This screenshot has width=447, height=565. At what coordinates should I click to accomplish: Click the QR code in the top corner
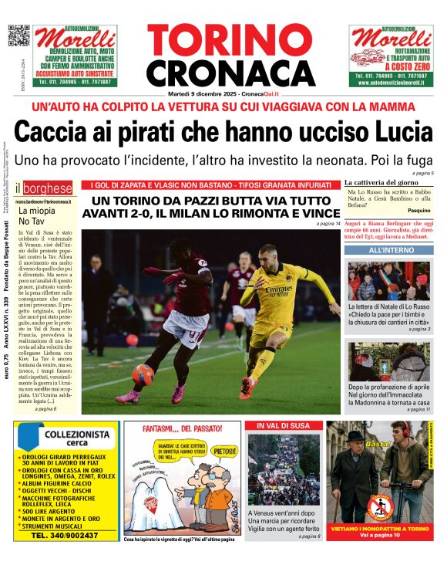18,36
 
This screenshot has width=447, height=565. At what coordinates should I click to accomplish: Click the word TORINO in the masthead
223,41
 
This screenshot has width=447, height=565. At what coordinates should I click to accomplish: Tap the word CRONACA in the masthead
223,73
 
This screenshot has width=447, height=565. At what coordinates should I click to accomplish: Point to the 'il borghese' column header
47,188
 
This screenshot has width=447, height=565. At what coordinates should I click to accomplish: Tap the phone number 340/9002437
66,536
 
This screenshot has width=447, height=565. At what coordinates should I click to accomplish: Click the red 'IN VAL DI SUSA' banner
284,425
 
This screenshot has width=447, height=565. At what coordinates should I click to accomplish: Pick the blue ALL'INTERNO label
391,251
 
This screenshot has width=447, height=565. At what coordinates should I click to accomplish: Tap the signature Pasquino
418,210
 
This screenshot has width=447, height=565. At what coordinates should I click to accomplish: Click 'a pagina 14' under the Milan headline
327,224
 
